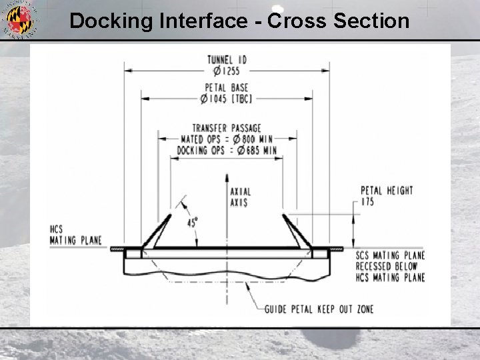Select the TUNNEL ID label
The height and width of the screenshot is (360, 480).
tap(227, 59)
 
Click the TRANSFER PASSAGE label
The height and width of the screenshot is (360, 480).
tap(227, 128)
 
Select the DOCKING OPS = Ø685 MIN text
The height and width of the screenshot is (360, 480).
tap(227, 151)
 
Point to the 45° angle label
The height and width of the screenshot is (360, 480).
tap(192, 223)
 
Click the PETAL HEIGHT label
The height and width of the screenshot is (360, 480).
tap(387, 191)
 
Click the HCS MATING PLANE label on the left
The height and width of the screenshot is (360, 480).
tap(75, 235)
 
